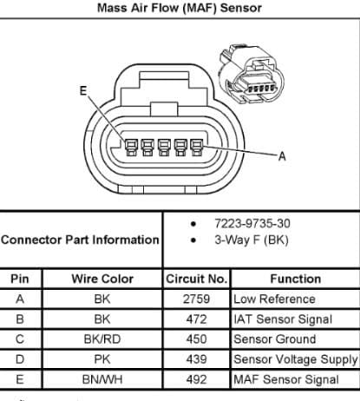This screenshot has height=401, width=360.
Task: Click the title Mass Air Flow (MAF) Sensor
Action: point(180,8)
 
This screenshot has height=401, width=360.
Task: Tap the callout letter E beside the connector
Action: point(83,91)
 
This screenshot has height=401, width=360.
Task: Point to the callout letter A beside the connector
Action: point(282,156)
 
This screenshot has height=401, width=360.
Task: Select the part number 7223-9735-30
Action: point(252,223)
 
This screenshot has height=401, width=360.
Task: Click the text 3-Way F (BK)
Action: point(252,240)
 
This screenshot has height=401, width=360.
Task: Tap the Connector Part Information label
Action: point(80,240)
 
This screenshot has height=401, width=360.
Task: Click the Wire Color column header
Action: point(102,279)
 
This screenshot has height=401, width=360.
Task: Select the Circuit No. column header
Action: point(196,279)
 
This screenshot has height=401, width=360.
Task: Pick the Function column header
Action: point(296,279)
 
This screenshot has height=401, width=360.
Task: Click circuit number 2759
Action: point(196,299)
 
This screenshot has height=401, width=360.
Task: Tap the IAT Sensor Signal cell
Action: point(283,319)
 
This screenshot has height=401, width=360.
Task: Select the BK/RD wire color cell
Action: point(102,339)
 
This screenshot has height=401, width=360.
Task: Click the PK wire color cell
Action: point(102,359)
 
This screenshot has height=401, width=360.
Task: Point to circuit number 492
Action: point(196,379)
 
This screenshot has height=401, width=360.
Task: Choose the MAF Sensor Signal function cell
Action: point(286,379)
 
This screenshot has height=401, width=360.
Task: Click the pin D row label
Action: point(20,359)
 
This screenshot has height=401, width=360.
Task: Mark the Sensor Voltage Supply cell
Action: point(296,359)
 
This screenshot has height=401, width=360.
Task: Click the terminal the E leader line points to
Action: point(131,148)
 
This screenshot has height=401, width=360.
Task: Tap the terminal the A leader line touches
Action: point(197,148)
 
